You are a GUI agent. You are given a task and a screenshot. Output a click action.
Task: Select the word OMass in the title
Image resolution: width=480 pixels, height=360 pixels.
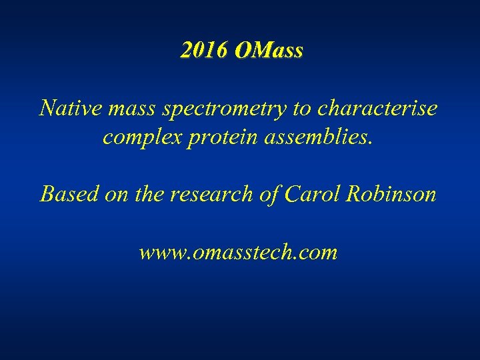point(269,50)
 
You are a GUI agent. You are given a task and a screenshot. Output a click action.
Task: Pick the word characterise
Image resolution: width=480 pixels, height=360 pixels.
point(376,108)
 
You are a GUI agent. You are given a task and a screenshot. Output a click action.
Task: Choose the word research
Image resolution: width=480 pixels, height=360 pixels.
point(215,194)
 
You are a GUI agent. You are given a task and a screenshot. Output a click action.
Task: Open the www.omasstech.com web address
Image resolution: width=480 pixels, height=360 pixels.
point(239,253)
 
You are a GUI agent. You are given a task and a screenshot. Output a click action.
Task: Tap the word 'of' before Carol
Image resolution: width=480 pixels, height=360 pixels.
point(271,194)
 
